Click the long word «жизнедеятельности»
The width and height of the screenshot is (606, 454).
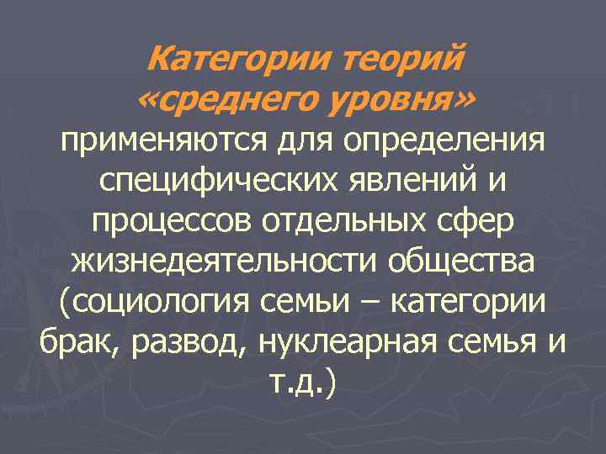tap(224, 261)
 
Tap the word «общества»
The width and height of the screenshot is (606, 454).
tap(460, 261)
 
